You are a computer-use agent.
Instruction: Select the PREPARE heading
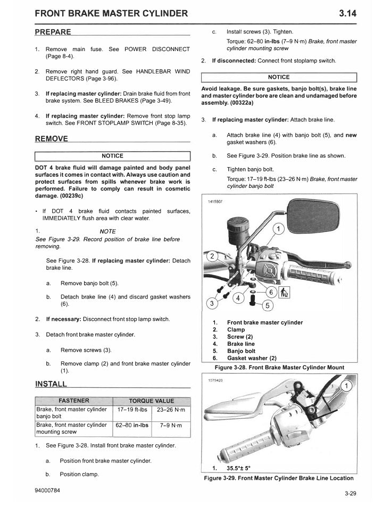[x=53, y=32]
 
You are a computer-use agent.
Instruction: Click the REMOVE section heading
[x=52, y=139]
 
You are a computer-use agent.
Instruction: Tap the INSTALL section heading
[x=51, y=384]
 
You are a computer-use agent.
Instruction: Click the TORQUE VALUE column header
[x=152, y=401]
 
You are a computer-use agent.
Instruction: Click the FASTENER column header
[x=73, y=401]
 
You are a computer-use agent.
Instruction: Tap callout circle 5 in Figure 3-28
[x=268, y=305]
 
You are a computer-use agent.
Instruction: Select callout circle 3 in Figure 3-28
[x=212, y=304]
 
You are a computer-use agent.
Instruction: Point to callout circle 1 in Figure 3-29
[x=346, y=386]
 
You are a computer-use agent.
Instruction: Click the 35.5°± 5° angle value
[x=238, y=468]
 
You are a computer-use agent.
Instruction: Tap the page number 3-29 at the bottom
[x=350, y=493]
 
